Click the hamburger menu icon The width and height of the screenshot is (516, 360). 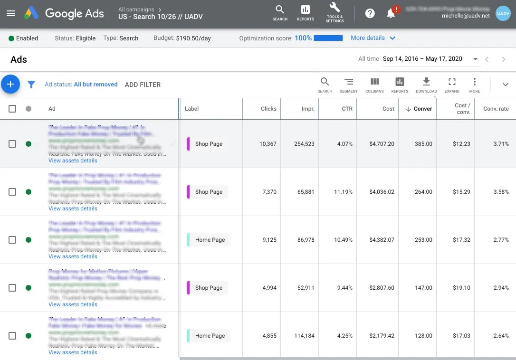point(11,13)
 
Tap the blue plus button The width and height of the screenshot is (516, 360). point(10,85)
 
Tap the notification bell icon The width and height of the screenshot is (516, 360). point(391,13)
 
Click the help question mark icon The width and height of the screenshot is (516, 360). point(370,13)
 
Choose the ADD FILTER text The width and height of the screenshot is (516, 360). point(143,85)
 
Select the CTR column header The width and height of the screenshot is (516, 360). point(347,109)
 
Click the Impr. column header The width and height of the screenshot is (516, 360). point(308,109)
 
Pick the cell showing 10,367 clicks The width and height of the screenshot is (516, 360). point(268,144)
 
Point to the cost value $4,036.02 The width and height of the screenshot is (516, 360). point(382,192)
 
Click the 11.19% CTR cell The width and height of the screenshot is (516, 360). point(343,192)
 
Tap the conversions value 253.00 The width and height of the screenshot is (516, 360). point(423,240)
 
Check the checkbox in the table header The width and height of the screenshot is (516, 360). point(12,109)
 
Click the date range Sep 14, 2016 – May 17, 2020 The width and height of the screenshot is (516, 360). point(422,59)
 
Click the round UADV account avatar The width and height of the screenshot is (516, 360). point(503,13)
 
